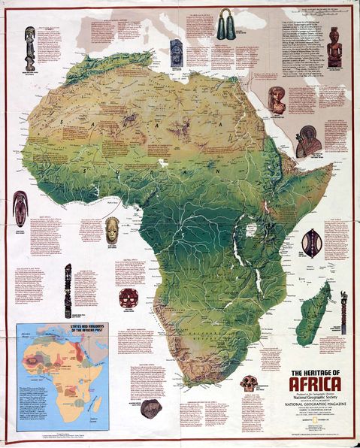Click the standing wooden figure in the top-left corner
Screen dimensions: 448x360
click(29, 48)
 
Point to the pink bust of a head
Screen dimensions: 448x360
click(277, 99)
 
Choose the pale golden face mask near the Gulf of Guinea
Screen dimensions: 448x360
click(112, 229)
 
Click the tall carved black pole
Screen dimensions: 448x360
click(68, 290)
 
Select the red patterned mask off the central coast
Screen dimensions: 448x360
click(128, 296)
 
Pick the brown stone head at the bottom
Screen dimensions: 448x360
click(151, 408)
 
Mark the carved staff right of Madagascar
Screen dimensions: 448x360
click(344, 310)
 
